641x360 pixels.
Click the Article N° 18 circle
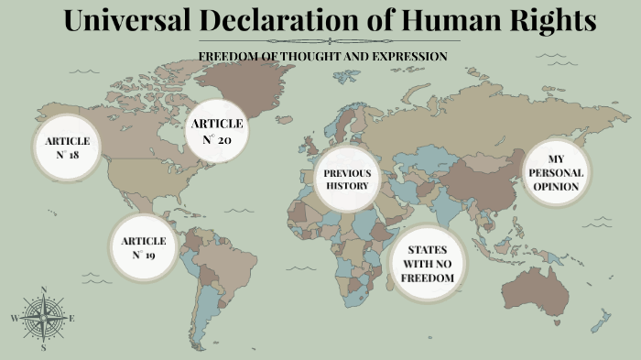coord(67,147)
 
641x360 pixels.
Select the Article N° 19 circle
coord(143,247)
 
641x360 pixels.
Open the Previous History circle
coord(347,180)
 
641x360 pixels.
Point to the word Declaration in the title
coord(292,22)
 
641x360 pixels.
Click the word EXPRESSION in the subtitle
coord(408,56)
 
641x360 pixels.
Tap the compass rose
coord(43,318)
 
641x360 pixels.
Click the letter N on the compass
coord(43,290)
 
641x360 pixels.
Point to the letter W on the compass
coord(14,318)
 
